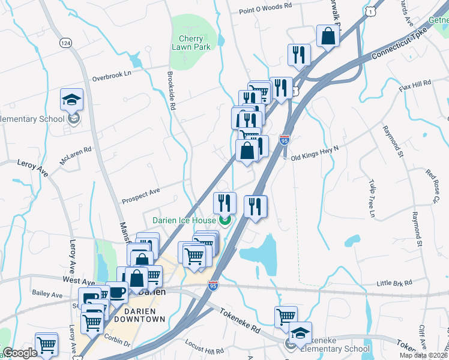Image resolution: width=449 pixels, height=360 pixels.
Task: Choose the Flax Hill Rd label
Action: point(415,85)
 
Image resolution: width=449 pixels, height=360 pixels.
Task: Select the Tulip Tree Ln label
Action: point(372,201)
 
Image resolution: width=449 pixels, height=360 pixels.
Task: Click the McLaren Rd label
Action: point(75,154)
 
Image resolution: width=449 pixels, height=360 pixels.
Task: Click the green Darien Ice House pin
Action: point(225,221)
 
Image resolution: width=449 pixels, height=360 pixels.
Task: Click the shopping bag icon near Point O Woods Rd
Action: point(328,35)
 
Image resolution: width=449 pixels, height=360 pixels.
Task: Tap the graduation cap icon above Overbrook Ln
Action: point(71,100)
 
